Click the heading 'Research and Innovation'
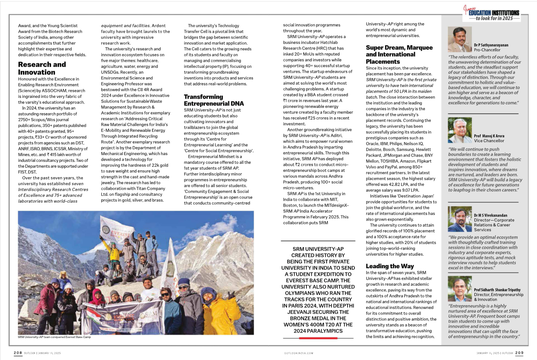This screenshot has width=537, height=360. (x=42, y=69)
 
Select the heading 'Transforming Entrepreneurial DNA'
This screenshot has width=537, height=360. (x=214, y=100)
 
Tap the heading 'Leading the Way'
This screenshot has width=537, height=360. (x=390, y=266)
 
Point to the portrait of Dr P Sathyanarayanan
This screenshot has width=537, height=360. (x=460, y=39)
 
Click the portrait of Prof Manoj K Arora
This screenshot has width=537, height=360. (x=460, y=130)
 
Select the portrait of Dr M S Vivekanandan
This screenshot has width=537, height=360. (x=460, y=219)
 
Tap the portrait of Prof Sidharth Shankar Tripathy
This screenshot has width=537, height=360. (x=460, y=288)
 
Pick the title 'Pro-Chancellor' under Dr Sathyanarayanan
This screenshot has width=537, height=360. (x=487, y=50)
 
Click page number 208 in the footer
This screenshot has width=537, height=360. (x=18, y=353)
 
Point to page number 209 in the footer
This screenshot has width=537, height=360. (x=519, y=353)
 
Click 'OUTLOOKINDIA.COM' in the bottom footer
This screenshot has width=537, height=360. (x=299, y=353)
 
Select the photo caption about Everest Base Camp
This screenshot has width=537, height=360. (x=54, y=337)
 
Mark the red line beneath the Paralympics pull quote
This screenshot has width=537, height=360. (x=318, y=338)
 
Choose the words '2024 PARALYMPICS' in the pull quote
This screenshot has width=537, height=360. (x=318, y=331)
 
